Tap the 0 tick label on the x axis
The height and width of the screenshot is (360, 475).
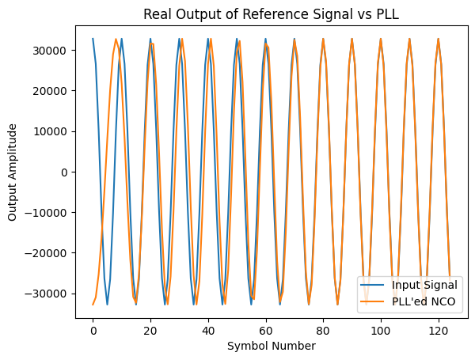(93, 327)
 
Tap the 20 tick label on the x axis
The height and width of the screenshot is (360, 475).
(150, 327)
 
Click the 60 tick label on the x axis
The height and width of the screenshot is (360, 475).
(265, 327)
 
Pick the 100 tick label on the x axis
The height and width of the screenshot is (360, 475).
(381, 327)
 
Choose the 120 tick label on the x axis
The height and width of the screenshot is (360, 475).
(439, 327)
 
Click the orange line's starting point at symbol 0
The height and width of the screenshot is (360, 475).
(93, 305)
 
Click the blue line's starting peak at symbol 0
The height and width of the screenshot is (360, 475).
(93, 39)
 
